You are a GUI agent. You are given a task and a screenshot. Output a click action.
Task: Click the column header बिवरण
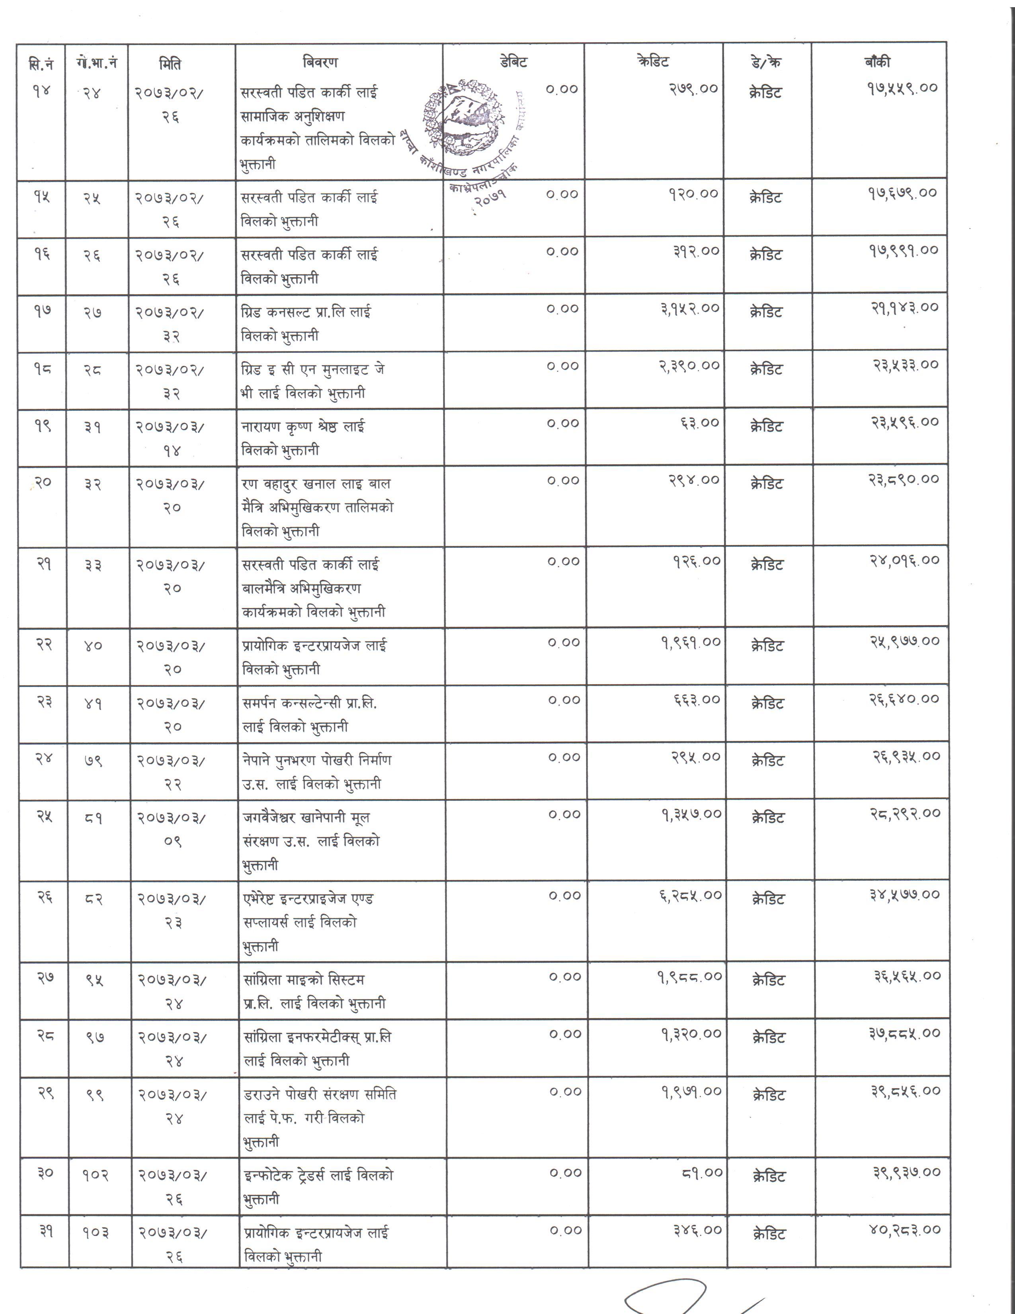320,62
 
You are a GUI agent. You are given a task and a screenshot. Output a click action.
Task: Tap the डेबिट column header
513,61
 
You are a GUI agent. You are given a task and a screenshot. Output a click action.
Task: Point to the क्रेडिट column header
652,61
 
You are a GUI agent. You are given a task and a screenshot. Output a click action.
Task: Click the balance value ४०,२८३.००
904,1230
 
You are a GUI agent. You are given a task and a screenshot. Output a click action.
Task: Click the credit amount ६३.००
699,423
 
